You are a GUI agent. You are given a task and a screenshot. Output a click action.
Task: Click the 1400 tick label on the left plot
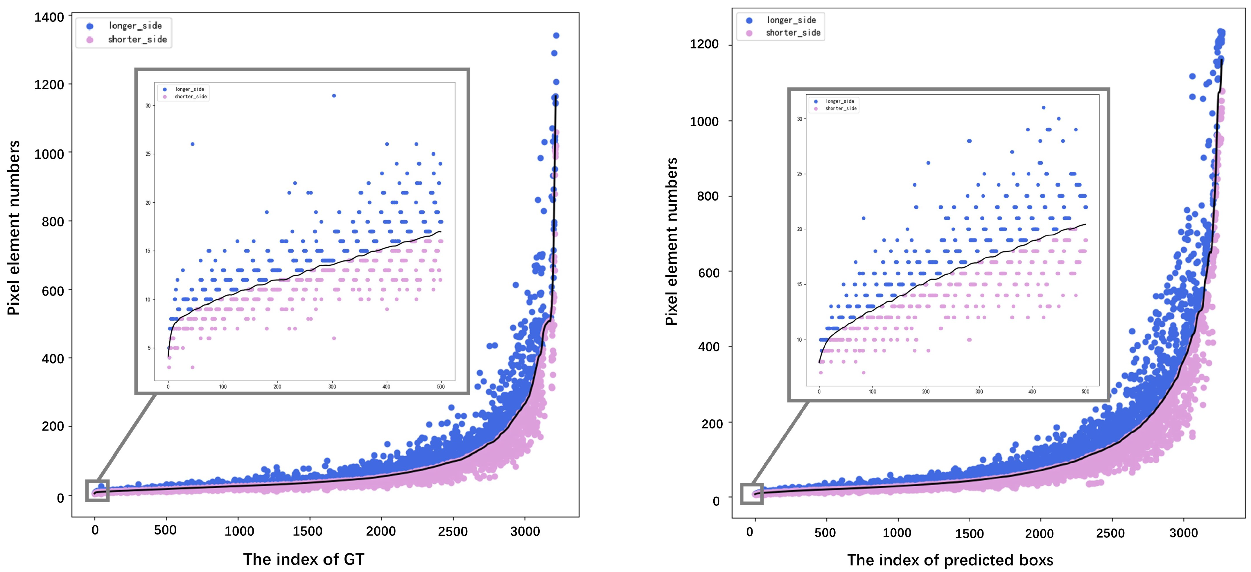tap(49, 17)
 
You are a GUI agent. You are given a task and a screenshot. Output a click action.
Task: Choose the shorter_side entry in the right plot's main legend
tap(793, 33)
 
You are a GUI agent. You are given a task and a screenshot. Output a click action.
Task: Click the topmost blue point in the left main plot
tap(556, 35)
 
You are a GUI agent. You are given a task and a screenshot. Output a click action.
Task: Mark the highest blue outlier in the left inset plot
tap(334, 96)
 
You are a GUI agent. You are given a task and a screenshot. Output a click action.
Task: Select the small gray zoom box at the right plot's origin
tap(752, 494)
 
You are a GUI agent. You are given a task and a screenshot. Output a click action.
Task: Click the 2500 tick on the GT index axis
tap(453, 531)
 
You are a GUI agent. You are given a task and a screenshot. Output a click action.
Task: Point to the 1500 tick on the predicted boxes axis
tap(969, 533)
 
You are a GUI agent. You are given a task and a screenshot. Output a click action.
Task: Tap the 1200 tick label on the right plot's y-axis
tap(704, 44)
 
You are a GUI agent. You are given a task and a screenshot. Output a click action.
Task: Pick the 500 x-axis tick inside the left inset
tap(440, 387)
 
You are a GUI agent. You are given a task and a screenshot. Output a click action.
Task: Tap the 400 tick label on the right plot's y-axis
tap(708, 347)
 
